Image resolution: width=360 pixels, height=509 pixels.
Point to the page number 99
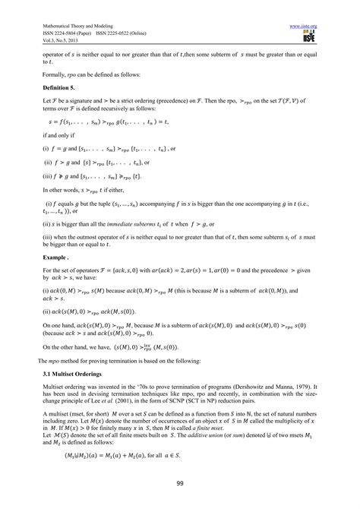click(180, 484)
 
